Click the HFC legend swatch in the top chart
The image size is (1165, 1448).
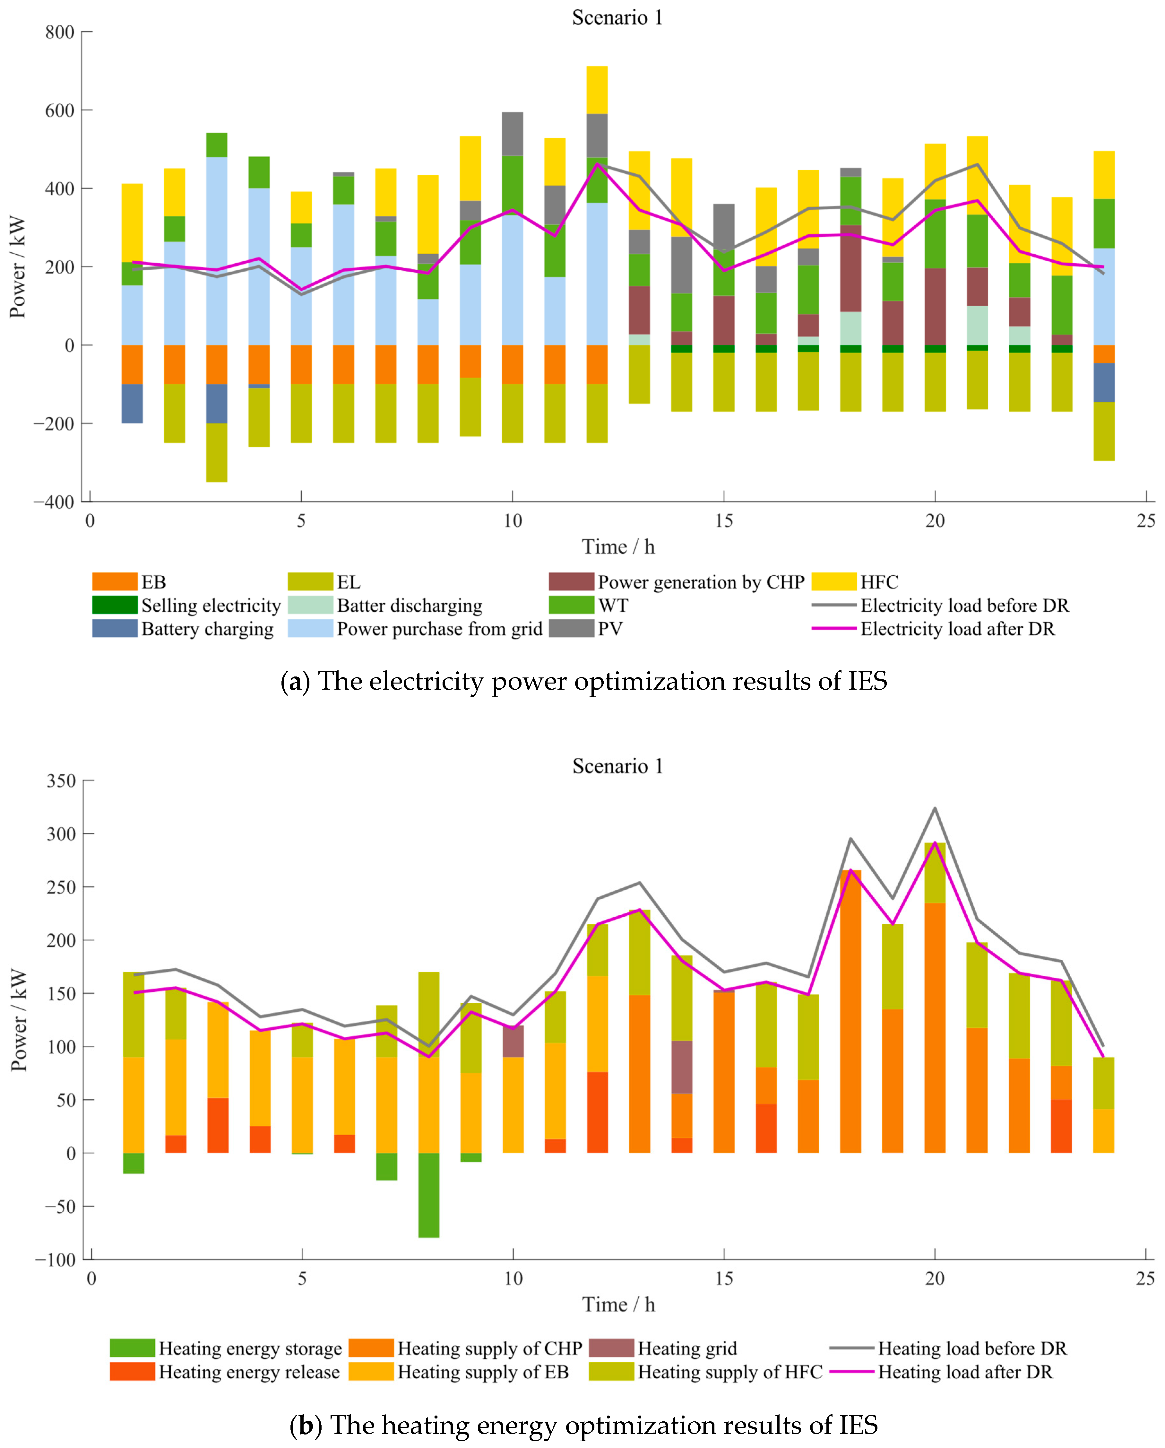(x=834, y=582)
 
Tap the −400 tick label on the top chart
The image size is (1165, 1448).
(x=54, y=502)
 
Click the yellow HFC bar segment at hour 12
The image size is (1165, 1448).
(x=597, y=90)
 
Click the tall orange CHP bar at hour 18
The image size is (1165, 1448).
(x=850, y=1007)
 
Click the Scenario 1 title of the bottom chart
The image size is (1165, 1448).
(x=617, y=766)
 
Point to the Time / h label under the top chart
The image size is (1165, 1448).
(x=618, y=547)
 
